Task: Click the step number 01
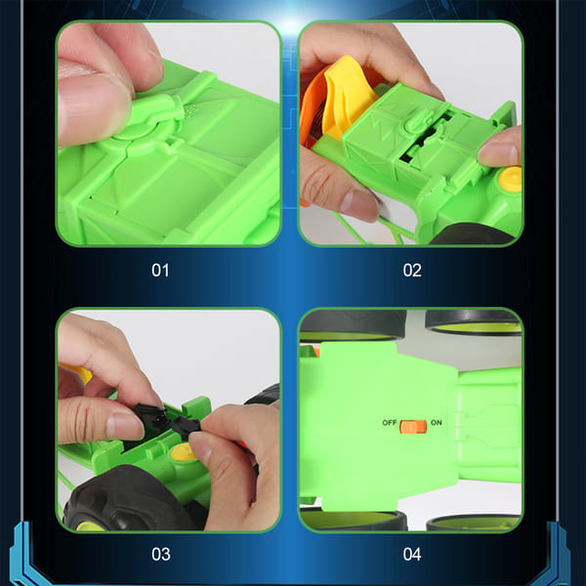click(160, 270)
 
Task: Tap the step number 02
click(412, 270)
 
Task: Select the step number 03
click(161, 554)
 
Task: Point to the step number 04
click(412, 554)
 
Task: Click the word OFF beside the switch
click(390, 425)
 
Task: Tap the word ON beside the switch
click(436, 425)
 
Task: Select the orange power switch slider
click(412, 426)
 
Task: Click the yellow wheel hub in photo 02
click(509, 180)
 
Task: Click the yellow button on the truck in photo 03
click(183, 452)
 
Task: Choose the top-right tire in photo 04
click(474, 321)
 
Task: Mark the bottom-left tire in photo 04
click(353, 521)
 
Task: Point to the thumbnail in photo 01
click(93, 78)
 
